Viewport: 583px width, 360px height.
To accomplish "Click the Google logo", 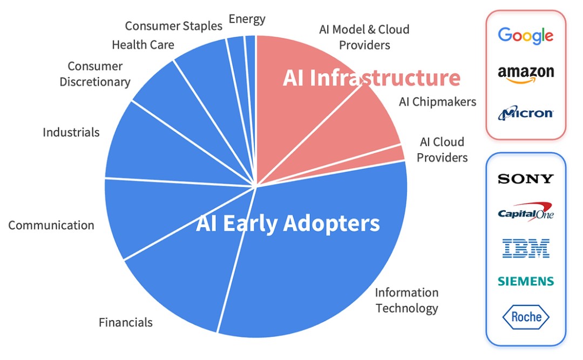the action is click(x=525, y=36).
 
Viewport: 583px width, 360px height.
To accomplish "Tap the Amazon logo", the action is click(x=526, y=74).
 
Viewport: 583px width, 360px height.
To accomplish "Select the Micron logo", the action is click(x=525, y=113).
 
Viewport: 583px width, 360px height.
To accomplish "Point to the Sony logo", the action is click(x=525, y=179).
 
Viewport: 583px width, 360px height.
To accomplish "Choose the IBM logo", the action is click(x=526, y=248).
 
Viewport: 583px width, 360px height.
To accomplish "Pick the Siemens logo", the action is click(x=526, y=281).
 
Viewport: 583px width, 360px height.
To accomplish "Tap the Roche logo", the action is click(x=526, y=317).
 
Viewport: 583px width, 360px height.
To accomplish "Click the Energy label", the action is click(x=247, y=19).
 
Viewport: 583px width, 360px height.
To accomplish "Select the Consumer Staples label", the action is click(x=173, y=26).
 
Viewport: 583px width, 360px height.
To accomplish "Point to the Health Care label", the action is click(x=143, y=45).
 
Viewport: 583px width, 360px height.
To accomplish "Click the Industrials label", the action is click(x=71, y=132).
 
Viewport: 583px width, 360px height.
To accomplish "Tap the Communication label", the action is click(x=51, y=225).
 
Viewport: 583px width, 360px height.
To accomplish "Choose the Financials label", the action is click(x=126, y=322).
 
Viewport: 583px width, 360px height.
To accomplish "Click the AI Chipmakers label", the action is click(x=437, y=101).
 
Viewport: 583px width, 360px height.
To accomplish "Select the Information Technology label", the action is click(x=407, y=301).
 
